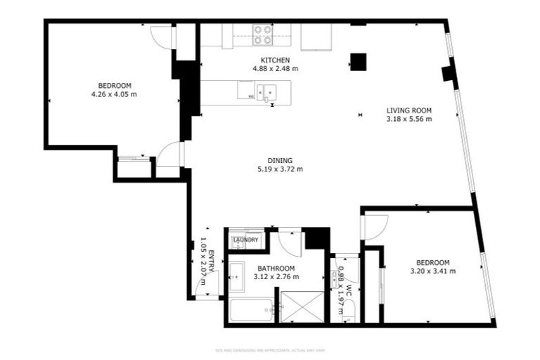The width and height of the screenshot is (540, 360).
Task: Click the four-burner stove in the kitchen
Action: point(263,34)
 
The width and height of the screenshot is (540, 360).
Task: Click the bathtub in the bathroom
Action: point(251,309)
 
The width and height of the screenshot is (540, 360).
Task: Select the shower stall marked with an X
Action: point(302,307)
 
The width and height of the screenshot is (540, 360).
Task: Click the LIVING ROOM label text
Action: point(409,110)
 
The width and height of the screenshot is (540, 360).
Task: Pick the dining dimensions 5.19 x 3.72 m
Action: point(280,169)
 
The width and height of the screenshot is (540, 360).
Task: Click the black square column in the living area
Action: point(358,62)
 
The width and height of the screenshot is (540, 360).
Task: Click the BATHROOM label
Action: point(276,269)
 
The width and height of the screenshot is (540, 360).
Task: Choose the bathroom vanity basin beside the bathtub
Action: point(236,272)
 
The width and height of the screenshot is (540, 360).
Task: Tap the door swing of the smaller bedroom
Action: point(373,224)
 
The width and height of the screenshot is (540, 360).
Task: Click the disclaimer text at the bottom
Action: point(270,349)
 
